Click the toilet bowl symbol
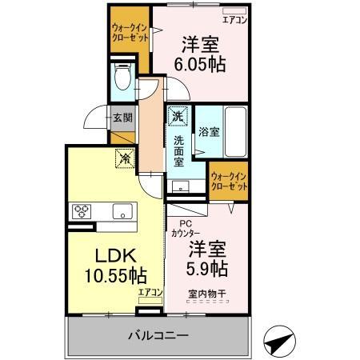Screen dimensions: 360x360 (x=122, y=78)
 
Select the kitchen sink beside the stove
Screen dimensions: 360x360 (x=122, y=212)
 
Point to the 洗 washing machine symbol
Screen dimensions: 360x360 (x=178, y=116)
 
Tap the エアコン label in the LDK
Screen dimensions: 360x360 (x=150, y=292)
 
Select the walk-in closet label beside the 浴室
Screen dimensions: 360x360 (x=228, y=180)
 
